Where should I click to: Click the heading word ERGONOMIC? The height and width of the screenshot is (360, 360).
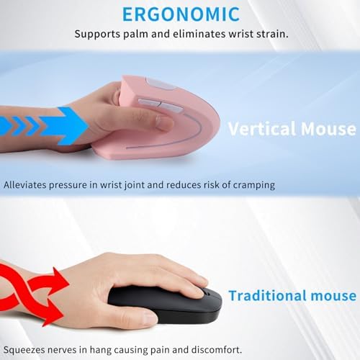click(180, 14)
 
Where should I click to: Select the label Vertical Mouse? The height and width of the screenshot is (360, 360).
click(292, 130)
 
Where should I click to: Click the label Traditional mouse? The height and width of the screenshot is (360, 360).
click(292, 295)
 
